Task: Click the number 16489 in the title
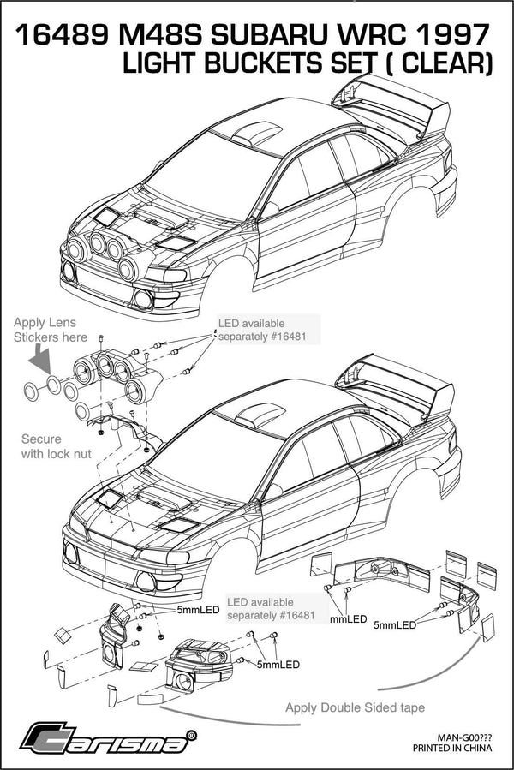coord(61,35)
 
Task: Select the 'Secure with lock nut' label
coord(57,445)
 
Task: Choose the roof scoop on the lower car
coord(252,414)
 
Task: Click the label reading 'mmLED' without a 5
coord(348,618)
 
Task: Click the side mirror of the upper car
coord(270,208)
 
